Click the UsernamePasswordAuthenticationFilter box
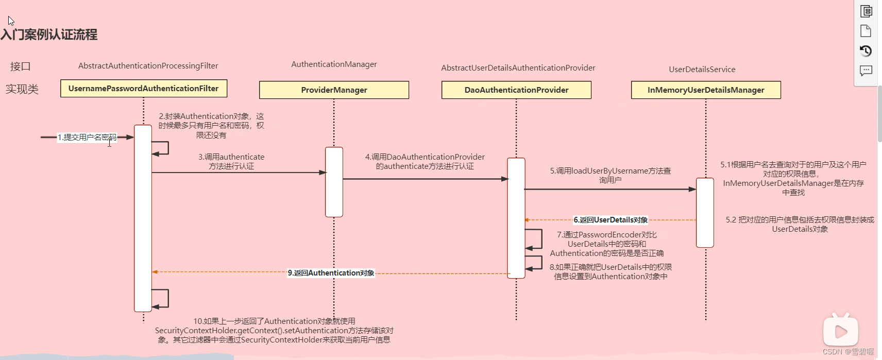tap(143, 89)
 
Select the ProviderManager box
tap(334, 90)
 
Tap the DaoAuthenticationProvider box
tap(516, 90)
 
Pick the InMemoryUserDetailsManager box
tap(706, 90)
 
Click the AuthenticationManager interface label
tap(334, 64)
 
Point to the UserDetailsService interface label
tap(702, 70)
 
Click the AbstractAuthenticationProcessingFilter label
tap(148, 66)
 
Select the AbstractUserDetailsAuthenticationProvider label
tap(518, 68)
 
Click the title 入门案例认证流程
tap(49, 35)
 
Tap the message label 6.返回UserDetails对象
tap(610, 220)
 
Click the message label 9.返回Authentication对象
tap(331, 273)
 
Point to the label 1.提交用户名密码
tap(87, 138)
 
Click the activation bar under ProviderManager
tap(334, 182)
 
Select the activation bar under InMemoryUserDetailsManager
tap(705, 212)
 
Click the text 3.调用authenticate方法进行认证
tap(231, 161)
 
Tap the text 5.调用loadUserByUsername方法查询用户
tap(610, 175)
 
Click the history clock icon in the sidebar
tap(866, 50)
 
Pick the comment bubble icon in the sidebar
tap(866, 70)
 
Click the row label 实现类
tap(22, 89)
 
